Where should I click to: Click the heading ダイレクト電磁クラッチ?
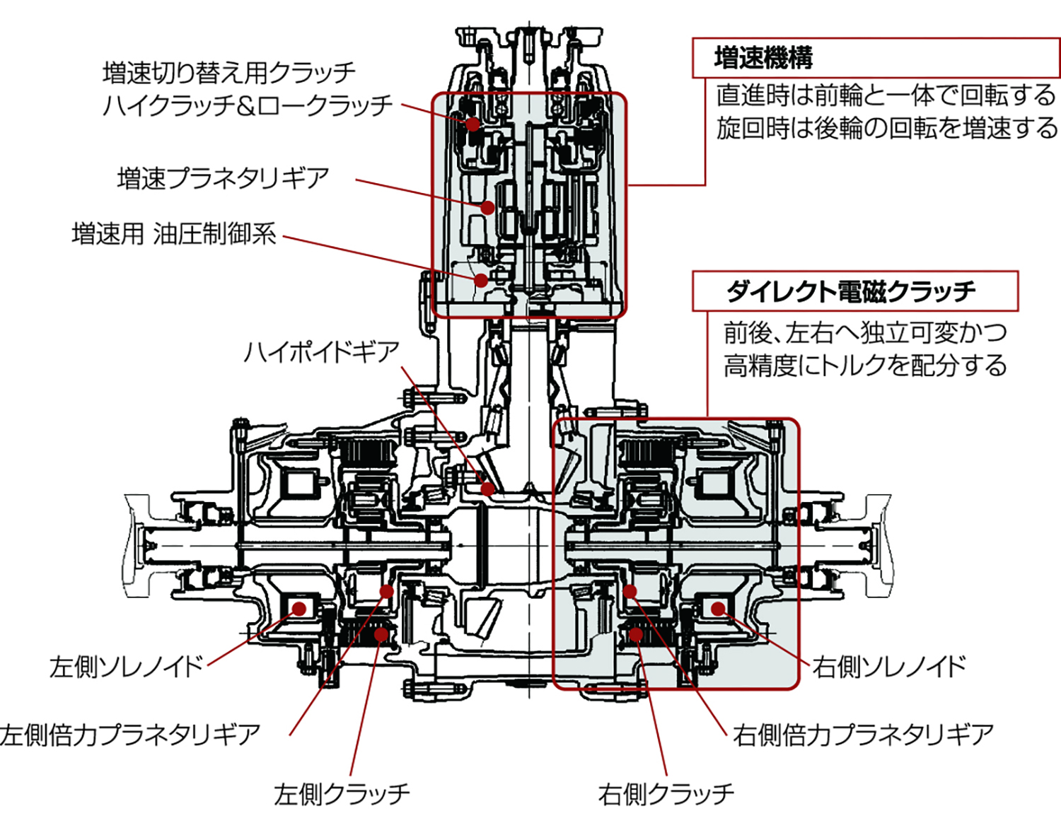click(850, 291)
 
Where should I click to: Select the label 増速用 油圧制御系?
click(174, 233)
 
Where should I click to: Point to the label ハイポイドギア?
click(322, 351)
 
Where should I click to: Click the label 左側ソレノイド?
click(126, 666)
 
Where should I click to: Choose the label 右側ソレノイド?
click(889, 666)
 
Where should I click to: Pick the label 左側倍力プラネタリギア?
click(131, 735)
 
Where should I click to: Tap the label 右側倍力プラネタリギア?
click(863, 735)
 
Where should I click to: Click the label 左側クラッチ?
click(342, 794)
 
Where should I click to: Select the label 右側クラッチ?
click(666, 794)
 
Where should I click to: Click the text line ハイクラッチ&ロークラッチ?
click(247, 105)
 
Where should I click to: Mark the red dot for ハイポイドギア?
click(487, 489)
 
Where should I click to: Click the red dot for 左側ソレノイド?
click(298, 608)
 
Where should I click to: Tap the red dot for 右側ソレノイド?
click(718, 608)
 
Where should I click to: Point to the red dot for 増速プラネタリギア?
click(487, 208)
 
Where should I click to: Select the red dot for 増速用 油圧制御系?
click(481, 280)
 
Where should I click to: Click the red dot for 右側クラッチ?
click(636, 634)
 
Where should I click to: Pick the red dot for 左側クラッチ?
click(381, 634)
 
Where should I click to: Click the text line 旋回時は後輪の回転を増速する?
click(887, 128)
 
